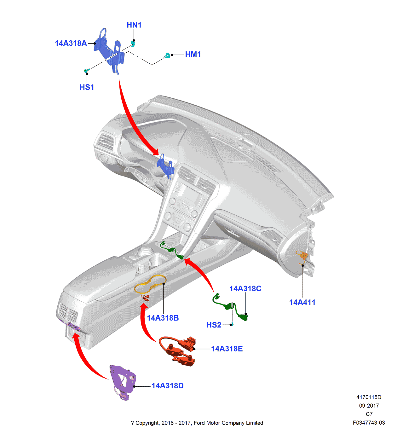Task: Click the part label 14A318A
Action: [71, 43]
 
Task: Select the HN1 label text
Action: [134, 25]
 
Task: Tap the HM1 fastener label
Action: [193, 55]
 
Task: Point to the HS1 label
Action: [87, 87]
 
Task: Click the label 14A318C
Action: [245, 289]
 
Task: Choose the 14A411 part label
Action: [302, 303]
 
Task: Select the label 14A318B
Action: [163, 318]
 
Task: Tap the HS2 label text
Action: [214, 325]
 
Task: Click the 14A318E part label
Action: [227, 349]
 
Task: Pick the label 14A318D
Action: [167, 386]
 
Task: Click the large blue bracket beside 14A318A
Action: [109, 50]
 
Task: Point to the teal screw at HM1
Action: [167, 56]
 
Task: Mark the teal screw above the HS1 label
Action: [86, 71]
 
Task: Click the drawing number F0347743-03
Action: [369, 423]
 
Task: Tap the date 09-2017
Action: [369, 406]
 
